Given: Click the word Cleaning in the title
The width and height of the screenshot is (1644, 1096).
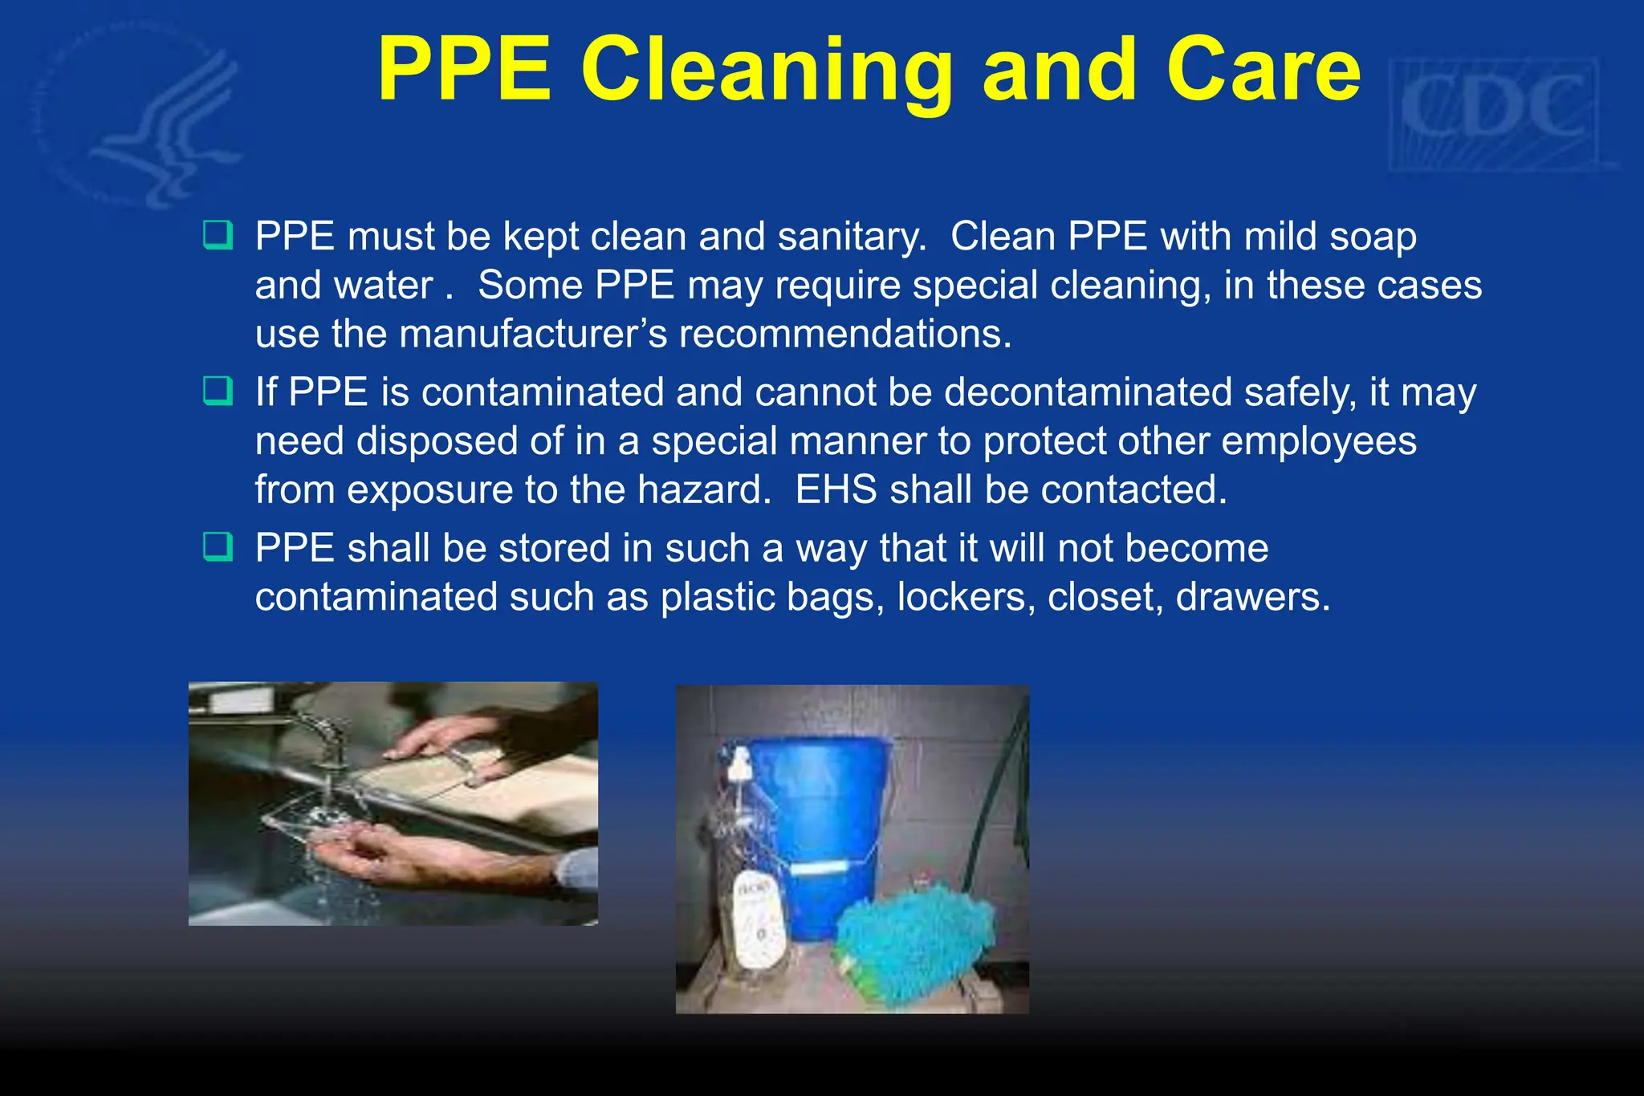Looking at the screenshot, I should click(x=767, y=72).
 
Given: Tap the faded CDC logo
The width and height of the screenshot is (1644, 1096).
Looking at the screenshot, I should click(x=1495, y=111).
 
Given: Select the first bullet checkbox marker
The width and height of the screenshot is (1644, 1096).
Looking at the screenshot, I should click(x=218, y=235).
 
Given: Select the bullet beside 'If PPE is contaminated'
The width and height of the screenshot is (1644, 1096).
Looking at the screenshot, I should click(x=218, y=391).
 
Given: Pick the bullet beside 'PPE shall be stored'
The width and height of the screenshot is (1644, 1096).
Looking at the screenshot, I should click(x=218, y=546).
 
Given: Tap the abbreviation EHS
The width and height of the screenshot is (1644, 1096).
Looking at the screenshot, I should click(x=836, y=489).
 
